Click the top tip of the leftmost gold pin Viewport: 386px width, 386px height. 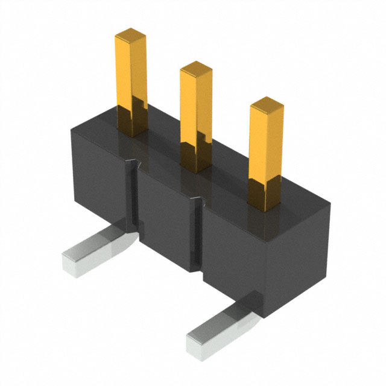click(x=131, y=37)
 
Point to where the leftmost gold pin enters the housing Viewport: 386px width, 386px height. click(x=131, y=130)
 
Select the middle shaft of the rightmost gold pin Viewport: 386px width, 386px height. click(x=266, y=154)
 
